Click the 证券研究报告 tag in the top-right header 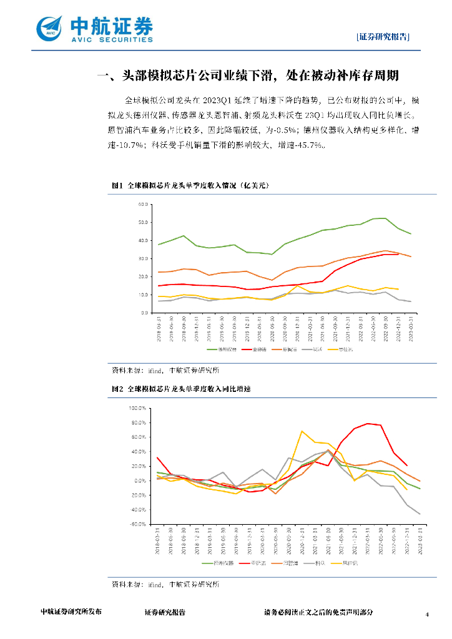383,36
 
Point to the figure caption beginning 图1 189,185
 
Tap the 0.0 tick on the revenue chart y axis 144,313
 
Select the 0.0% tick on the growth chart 139,480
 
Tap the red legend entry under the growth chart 257,563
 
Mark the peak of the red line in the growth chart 368,423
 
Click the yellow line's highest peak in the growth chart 302,431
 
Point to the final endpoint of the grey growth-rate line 420,514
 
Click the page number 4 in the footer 427,615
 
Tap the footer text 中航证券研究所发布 71,612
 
